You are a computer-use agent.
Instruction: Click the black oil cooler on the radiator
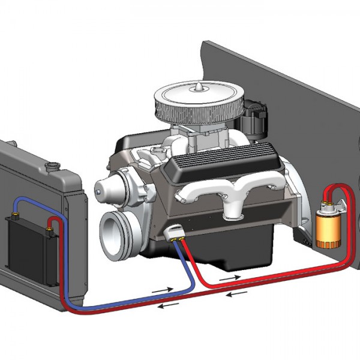pos(26,242)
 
